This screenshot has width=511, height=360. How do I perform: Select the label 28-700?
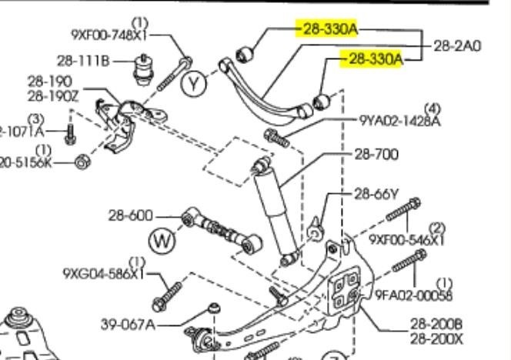(x=376, y=155)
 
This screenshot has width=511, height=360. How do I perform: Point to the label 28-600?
(x=131, y=216)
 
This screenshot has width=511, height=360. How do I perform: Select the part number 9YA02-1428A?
(x=400, y=121)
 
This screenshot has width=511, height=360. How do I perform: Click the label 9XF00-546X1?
(x=407, y=239)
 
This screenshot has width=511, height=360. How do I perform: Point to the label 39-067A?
(x=128, y=325)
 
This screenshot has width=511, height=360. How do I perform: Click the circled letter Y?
(x=195, y=84)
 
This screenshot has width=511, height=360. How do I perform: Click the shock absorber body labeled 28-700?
(x=269, y=204)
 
